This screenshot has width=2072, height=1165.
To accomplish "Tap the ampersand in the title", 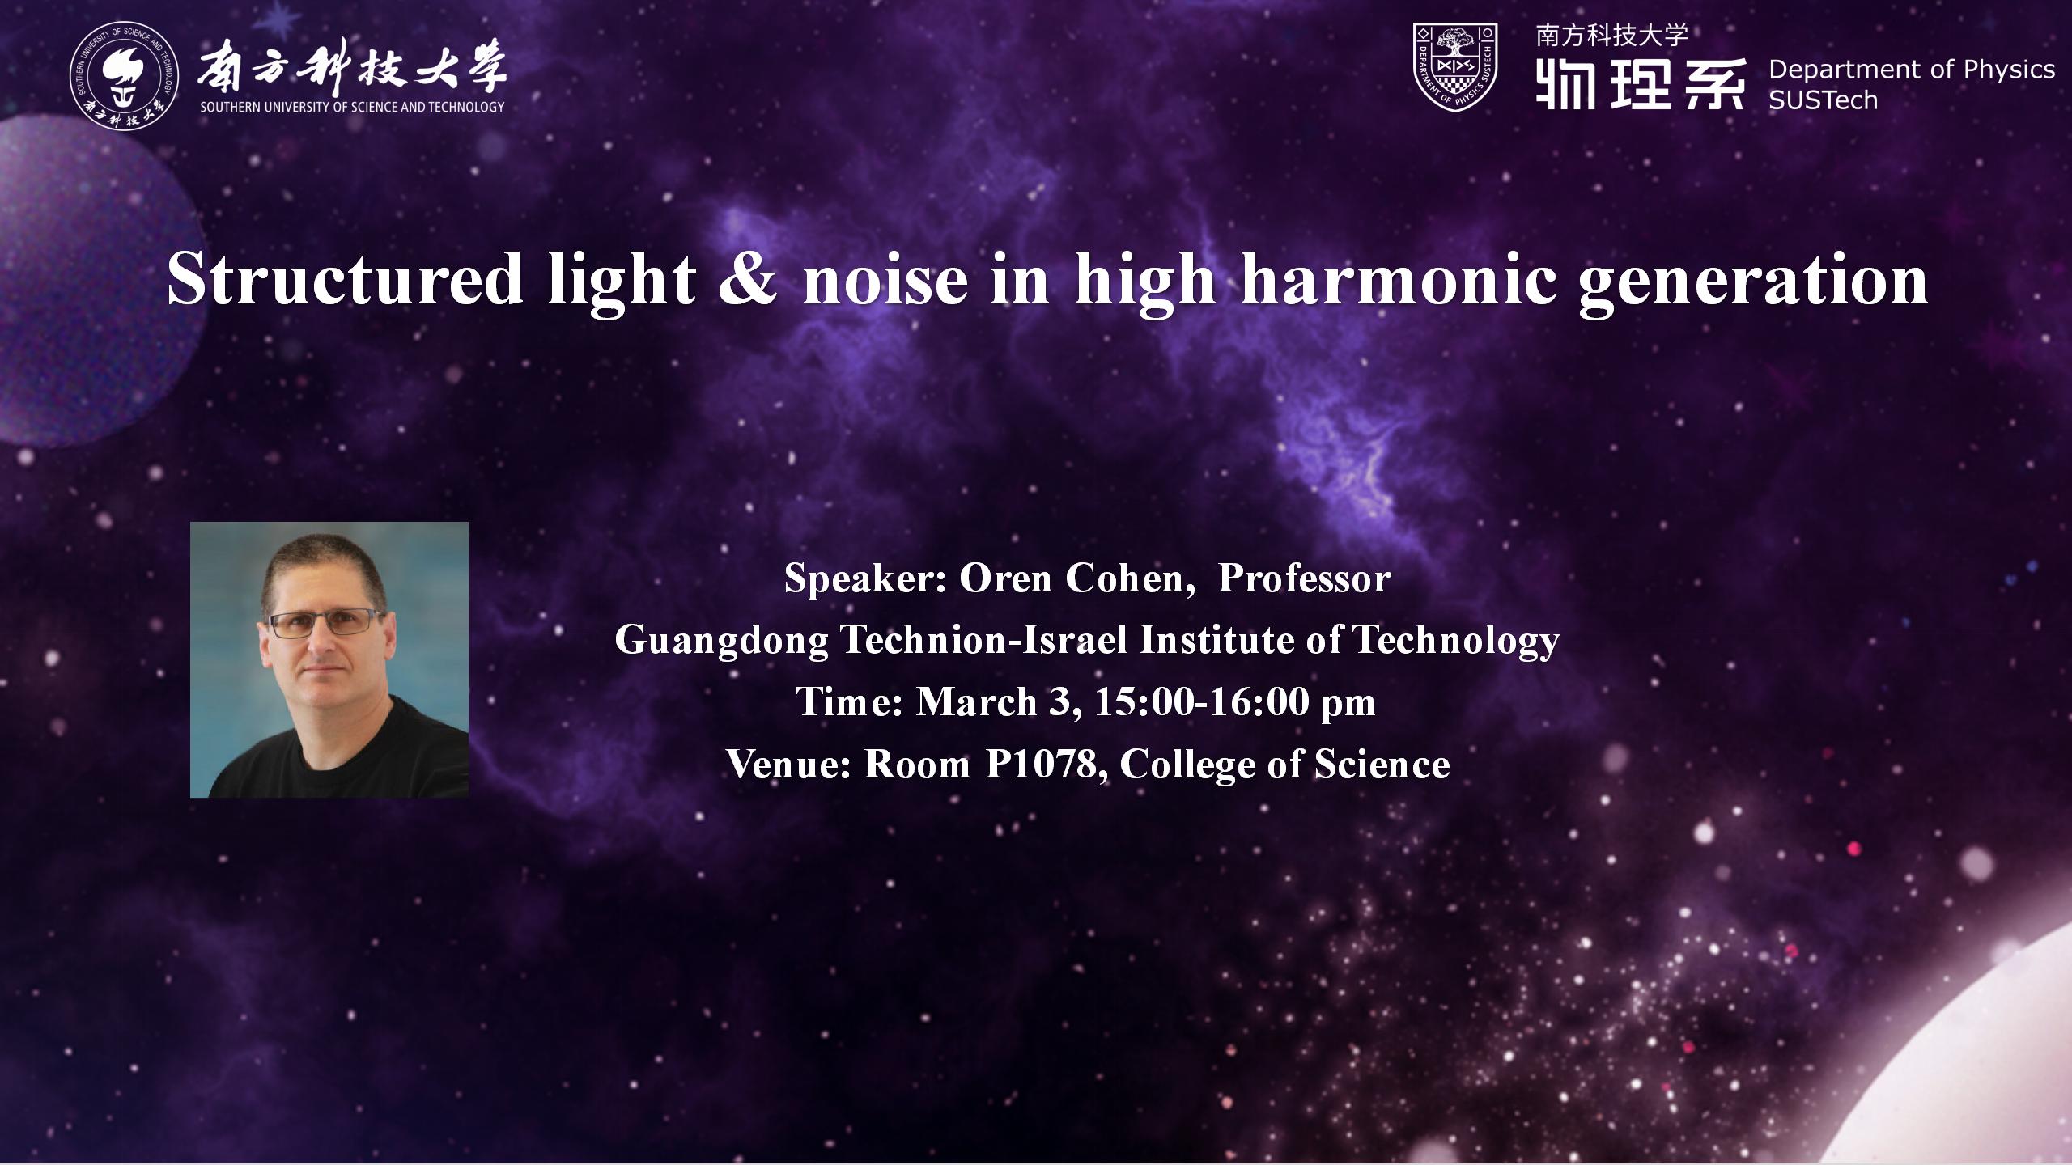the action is [749, 280].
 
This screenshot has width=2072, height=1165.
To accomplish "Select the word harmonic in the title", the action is [1399, 280].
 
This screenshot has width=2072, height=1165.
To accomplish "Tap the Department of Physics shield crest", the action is [1454, 66].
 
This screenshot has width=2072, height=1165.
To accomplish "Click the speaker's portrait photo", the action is [329, 659].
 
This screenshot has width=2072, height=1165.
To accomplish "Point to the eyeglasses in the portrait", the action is [325, 624].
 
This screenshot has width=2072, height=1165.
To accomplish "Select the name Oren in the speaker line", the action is [1005, 578].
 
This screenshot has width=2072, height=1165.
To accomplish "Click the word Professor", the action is [1304, 578].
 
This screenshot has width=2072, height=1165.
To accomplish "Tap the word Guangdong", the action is [722, 641].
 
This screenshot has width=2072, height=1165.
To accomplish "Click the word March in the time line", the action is [976, 701].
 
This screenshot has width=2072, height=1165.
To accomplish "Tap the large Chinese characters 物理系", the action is [1640, 84].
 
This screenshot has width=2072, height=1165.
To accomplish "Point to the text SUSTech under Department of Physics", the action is [1823, 100].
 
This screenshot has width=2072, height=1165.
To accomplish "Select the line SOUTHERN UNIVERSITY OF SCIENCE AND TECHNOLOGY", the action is [352, 107].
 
